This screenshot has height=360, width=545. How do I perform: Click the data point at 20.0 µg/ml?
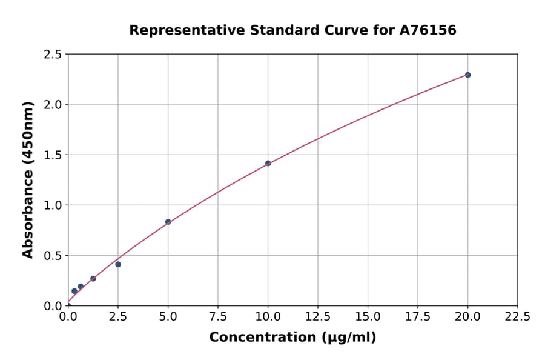point(467,75)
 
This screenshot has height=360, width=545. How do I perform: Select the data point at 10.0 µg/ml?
point(268,163)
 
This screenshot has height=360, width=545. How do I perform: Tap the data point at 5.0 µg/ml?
point(168,222)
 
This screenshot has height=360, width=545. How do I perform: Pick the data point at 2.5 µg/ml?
point(118,264)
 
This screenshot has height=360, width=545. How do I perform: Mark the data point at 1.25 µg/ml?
point(93,279)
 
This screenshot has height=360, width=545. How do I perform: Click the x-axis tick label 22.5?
point(517,317)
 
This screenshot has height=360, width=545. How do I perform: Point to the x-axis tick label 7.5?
point(218,317)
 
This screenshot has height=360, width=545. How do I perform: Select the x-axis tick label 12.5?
point(318,317)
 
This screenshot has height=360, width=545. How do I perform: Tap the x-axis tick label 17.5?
point(418,317)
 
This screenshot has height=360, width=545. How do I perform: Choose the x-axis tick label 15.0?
point(368,317)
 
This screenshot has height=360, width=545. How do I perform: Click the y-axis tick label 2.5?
point(53,55)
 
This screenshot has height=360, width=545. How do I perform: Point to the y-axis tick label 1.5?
point(53,155)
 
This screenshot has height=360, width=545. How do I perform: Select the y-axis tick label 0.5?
point(53,256)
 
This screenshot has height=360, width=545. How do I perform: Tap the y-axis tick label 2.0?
point(53,105)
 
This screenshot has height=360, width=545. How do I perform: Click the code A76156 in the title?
point(429,30)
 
